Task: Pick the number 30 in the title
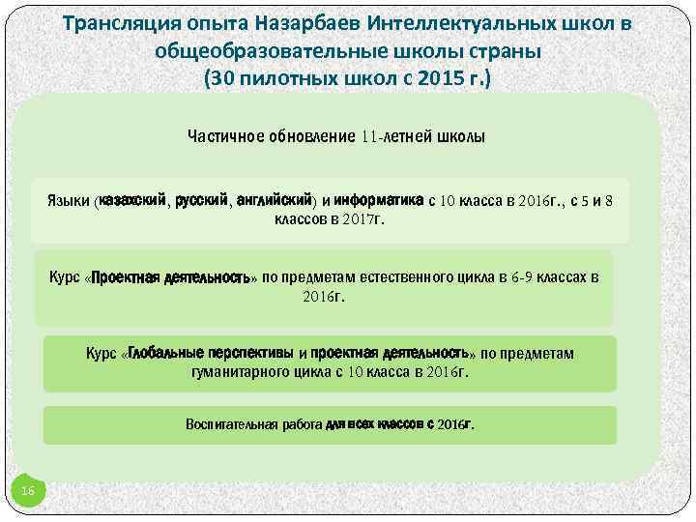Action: [222, 78]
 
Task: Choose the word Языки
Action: [69, 201]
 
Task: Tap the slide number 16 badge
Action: [28, 493]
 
